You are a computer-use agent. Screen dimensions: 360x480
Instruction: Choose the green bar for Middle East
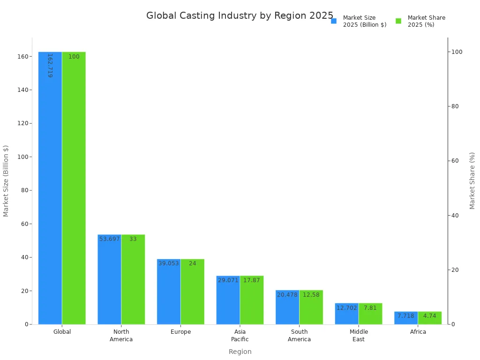(370, 316)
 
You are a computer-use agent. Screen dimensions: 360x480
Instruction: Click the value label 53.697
(110, 239)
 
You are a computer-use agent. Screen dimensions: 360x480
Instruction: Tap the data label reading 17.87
(251, 280)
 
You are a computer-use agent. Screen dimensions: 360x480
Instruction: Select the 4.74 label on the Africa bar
(429, 316)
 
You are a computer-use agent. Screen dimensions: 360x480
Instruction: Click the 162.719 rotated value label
(50, 65)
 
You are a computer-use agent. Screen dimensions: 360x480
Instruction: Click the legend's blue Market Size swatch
(334, 21)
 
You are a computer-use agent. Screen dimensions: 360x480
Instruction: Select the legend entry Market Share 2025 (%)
(426, 21)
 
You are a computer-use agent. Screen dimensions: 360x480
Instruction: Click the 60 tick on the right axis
(455, 161)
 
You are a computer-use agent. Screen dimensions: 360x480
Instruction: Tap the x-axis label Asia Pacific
(240, 336)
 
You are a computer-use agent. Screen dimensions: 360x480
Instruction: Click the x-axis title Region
(240, 352)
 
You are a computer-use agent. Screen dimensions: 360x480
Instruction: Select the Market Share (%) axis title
(472, 180)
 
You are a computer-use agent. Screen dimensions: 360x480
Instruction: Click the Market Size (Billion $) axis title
(6, 180)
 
